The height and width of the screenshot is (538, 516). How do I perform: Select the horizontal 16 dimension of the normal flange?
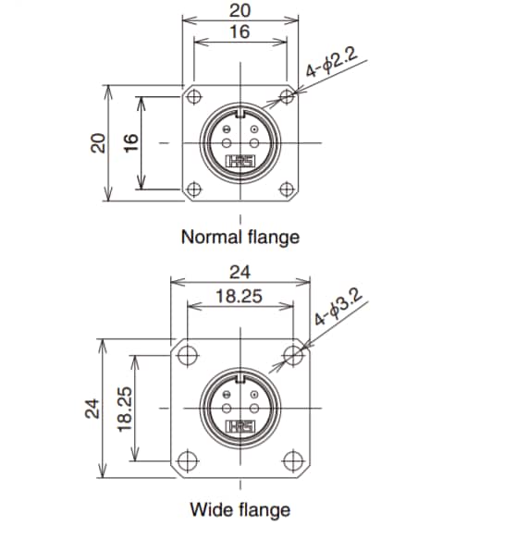point(240,32)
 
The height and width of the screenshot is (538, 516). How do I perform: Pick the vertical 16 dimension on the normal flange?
point(130,142)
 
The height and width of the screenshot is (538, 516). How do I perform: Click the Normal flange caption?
point(240,237)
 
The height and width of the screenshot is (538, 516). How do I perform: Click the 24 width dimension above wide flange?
point(240,273)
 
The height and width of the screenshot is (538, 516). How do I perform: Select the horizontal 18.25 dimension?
point(240,296)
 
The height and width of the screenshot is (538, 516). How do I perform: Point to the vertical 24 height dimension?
point(91,409)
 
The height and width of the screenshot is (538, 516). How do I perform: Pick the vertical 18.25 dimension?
point(126,409)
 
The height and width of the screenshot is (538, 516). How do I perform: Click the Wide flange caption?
point(240,509)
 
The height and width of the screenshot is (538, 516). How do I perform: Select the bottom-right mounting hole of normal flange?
point(289,190)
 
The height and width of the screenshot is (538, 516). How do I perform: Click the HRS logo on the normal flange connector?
point(240,161)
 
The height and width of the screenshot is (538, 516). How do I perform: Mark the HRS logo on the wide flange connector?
point(240,425)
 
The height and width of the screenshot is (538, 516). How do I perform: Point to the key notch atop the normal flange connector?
point(240,116)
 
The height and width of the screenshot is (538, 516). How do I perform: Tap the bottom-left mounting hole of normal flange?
point(193,190)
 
